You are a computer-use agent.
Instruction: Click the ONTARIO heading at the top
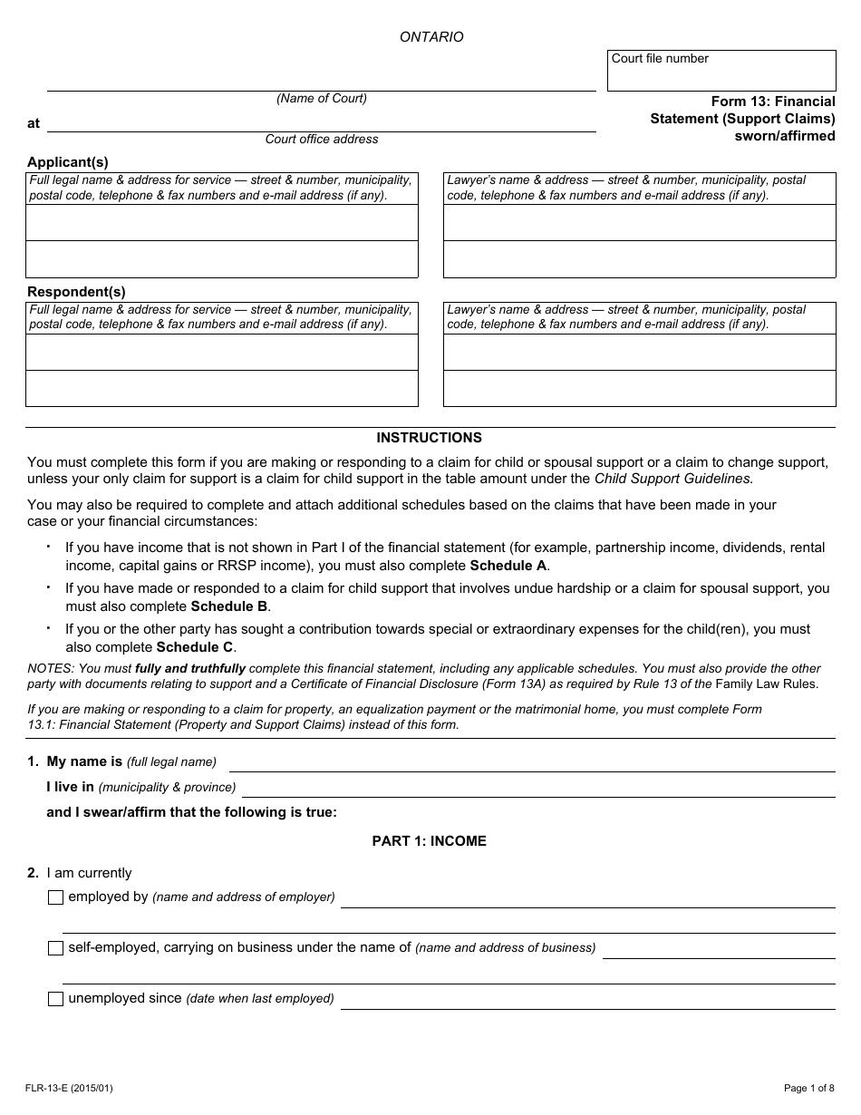pyautogui.click(x=431, y=37)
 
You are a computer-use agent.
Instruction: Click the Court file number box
pyautogui.click(x=721, y=71)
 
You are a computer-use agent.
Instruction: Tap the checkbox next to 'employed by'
pyautogui.click(x=55, y=897)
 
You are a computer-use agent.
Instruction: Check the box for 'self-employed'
pyautogui.click(x=55, y=948)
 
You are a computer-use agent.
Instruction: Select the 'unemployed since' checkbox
pyautogui.click(x=55, y=999)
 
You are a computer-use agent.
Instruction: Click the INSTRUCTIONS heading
pyautogui.click(x=430, y=438)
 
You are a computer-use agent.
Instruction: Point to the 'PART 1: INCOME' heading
pyautogui.click(x=430, y=841)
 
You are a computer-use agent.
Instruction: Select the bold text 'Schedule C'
pyautogui.click(x=195, y=647)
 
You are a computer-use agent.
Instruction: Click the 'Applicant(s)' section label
pyautogui.click(x=68, y=162)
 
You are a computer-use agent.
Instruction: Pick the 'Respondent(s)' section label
pyautogui.click(x=76, y=292)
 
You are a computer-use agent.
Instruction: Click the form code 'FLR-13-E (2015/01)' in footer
pyautogui.click(x=69, y=1089)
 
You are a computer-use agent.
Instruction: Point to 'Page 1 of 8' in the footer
pyautogui.click(x=809, y=1089)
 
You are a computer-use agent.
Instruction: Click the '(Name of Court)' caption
pyautogui.click(x=322, y=99)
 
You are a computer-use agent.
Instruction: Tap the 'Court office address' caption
pyautogui.click(x=322, y=140)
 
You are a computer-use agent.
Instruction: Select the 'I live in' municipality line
pyautogui.click(x=538, y=788)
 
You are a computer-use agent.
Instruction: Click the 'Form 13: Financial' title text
pyautogui.click(x=773, y=102)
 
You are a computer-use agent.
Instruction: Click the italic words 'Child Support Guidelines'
pyautogui.click(x=672, y=479)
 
